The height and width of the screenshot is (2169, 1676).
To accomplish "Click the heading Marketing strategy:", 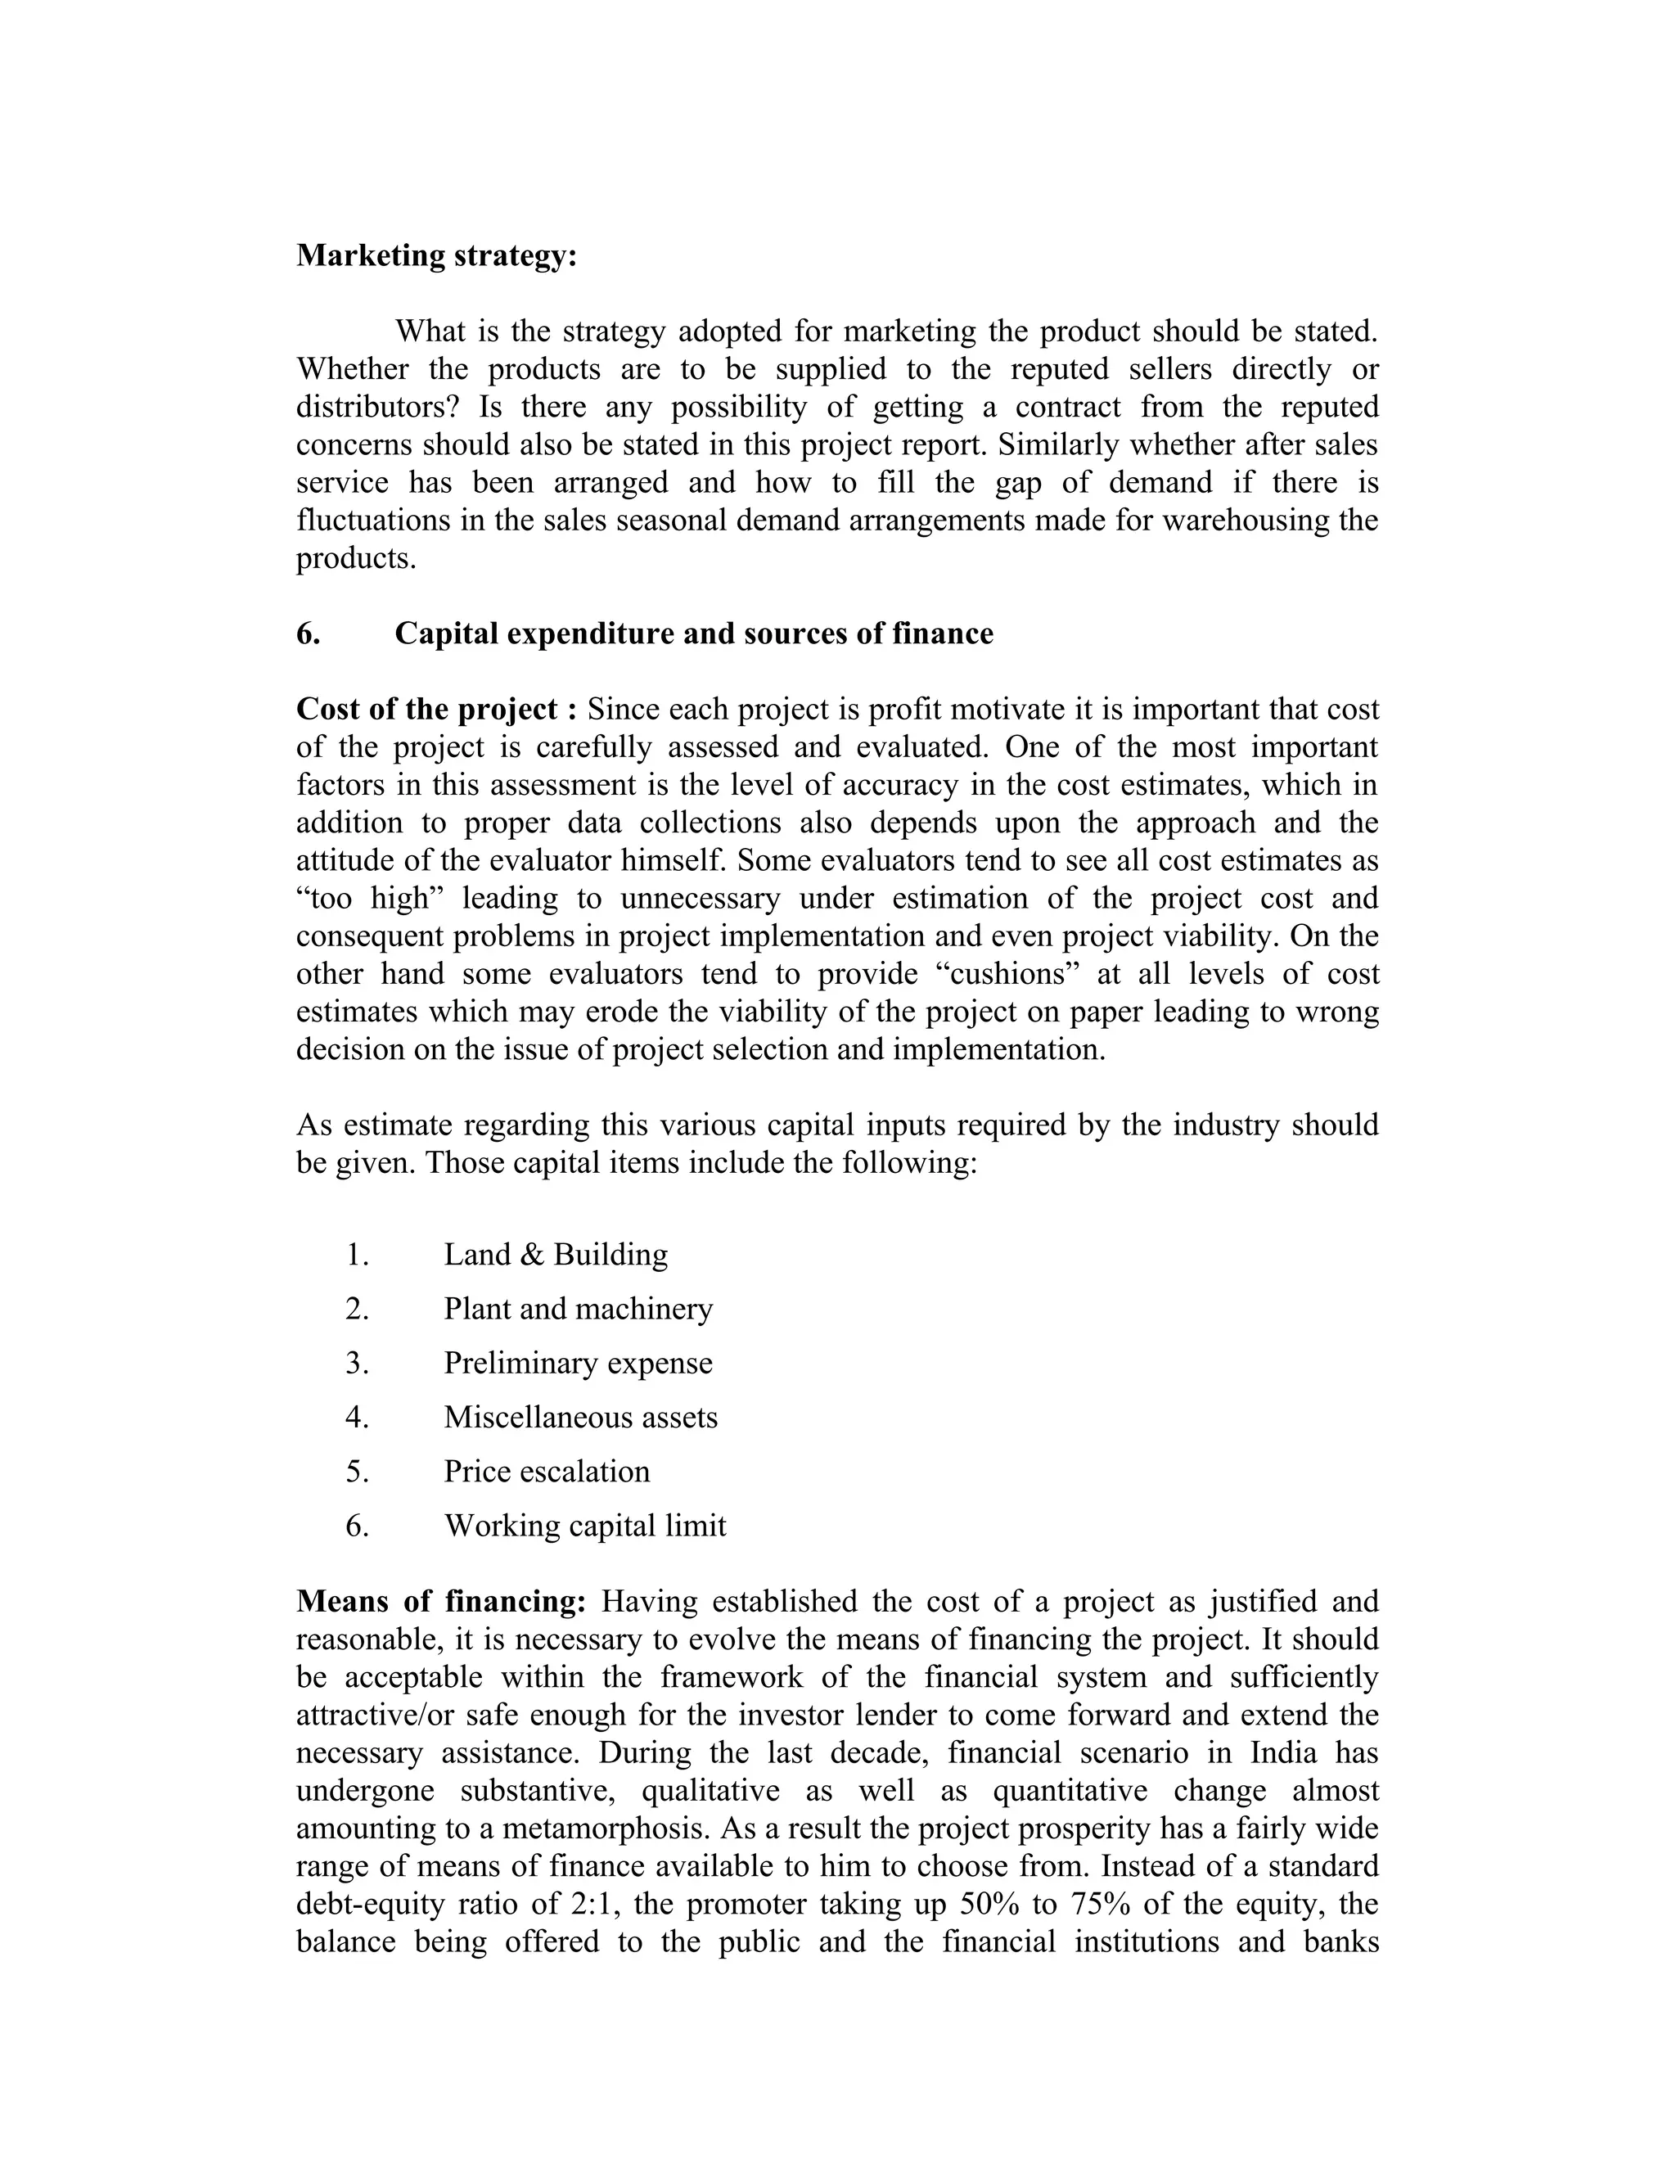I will pyautogui.click(x=436, y=256).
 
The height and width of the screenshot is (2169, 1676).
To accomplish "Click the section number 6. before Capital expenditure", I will pyautogui.click(x=308, y=634).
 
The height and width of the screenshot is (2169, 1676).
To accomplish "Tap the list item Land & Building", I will pyautogui.click(x=555, y=1254).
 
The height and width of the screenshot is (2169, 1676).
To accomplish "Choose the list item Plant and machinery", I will pyautogui.click(x=578, y=1309).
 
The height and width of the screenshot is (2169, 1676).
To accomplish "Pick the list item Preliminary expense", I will pyautogui.click(x=578, y=1363).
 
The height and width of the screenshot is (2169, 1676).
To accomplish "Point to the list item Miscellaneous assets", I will pyautogui.click(x=580, y=1417).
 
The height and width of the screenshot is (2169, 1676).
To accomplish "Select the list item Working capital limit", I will pyautogui.click(x=585, y=1526).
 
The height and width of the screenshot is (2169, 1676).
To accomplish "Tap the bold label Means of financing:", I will pyautogui.click(x=442, y=1602).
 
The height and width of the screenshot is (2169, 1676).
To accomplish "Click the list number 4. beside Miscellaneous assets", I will pyautogui.click(x=358, y=1417).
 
